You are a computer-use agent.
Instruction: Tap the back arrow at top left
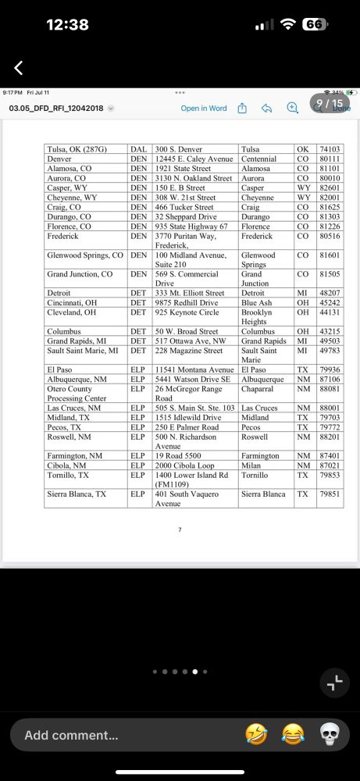point(19,68)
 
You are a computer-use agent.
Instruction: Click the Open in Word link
point(203,109)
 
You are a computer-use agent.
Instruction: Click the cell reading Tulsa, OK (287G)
point(77,148)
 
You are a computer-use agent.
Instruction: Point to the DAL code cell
point(138,148)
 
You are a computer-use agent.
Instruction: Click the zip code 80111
point(330,159)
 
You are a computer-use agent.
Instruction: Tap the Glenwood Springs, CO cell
point(85,255)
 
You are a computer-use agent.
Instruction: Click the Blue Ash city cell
point(258,303)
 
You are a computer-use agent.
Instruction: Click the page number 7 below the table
point(180,530)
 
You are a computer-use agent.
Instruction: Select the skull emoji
point(331,735)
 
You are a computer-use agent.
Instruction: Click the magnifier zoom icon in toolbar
point(293,109)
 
